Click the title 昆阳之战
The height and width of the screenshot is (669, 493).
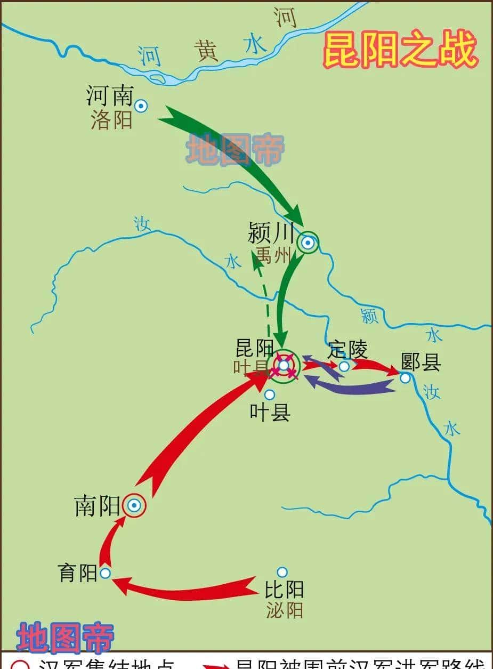(400, 50)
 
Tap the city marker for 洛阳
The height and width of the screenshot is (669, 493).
(141, 106)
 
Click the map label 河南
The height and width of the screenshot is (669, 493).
(109, 96)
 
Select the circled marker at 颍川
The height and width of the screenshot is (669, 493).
(308, 243)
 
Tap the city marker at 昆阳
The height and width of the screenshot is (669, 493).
(284, 365)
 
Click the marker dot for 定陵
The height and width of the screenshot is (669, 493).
(344, 366)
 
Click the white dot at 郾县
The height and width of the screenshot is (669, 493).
(405, 378)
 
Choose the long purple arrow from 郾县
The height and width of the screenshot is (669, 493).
(352, 385)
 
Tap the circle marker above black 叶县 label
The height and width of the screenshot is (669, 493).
(270, 394)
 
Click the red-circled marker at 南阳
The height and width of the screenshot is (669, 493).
(134, 505)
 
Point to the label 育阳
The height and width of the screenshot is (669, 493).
(77, 573)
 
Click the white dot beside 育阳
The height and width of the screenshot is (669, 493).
(105, 573)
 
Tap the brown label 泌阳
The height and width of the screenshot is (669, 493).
(285, 610)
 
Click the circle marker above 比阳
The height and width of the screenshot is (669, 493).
(282, 572)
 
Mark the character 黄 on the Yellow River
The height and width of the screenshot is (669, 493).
(208, 52)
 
